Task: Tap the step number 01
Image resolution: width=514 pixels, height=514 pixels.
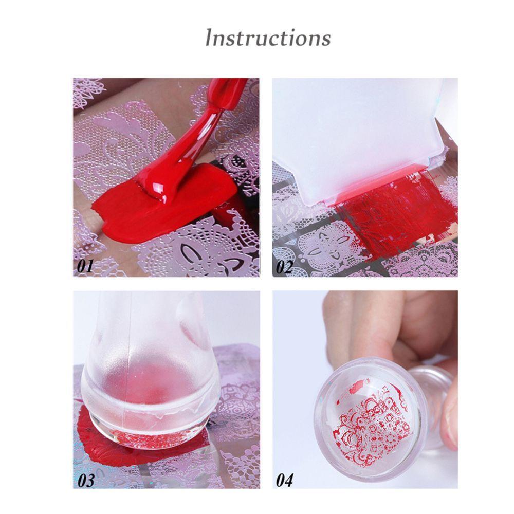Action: (x=85, y=266)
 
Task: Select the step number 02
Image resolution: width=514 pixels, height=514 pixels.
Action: (x=284, y=266)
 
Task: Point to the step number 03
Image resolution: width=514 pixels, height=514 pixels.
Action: (x=86, y=480)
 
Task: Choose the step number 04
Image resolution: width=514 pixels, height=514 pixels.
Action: (x=285, y=480)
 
